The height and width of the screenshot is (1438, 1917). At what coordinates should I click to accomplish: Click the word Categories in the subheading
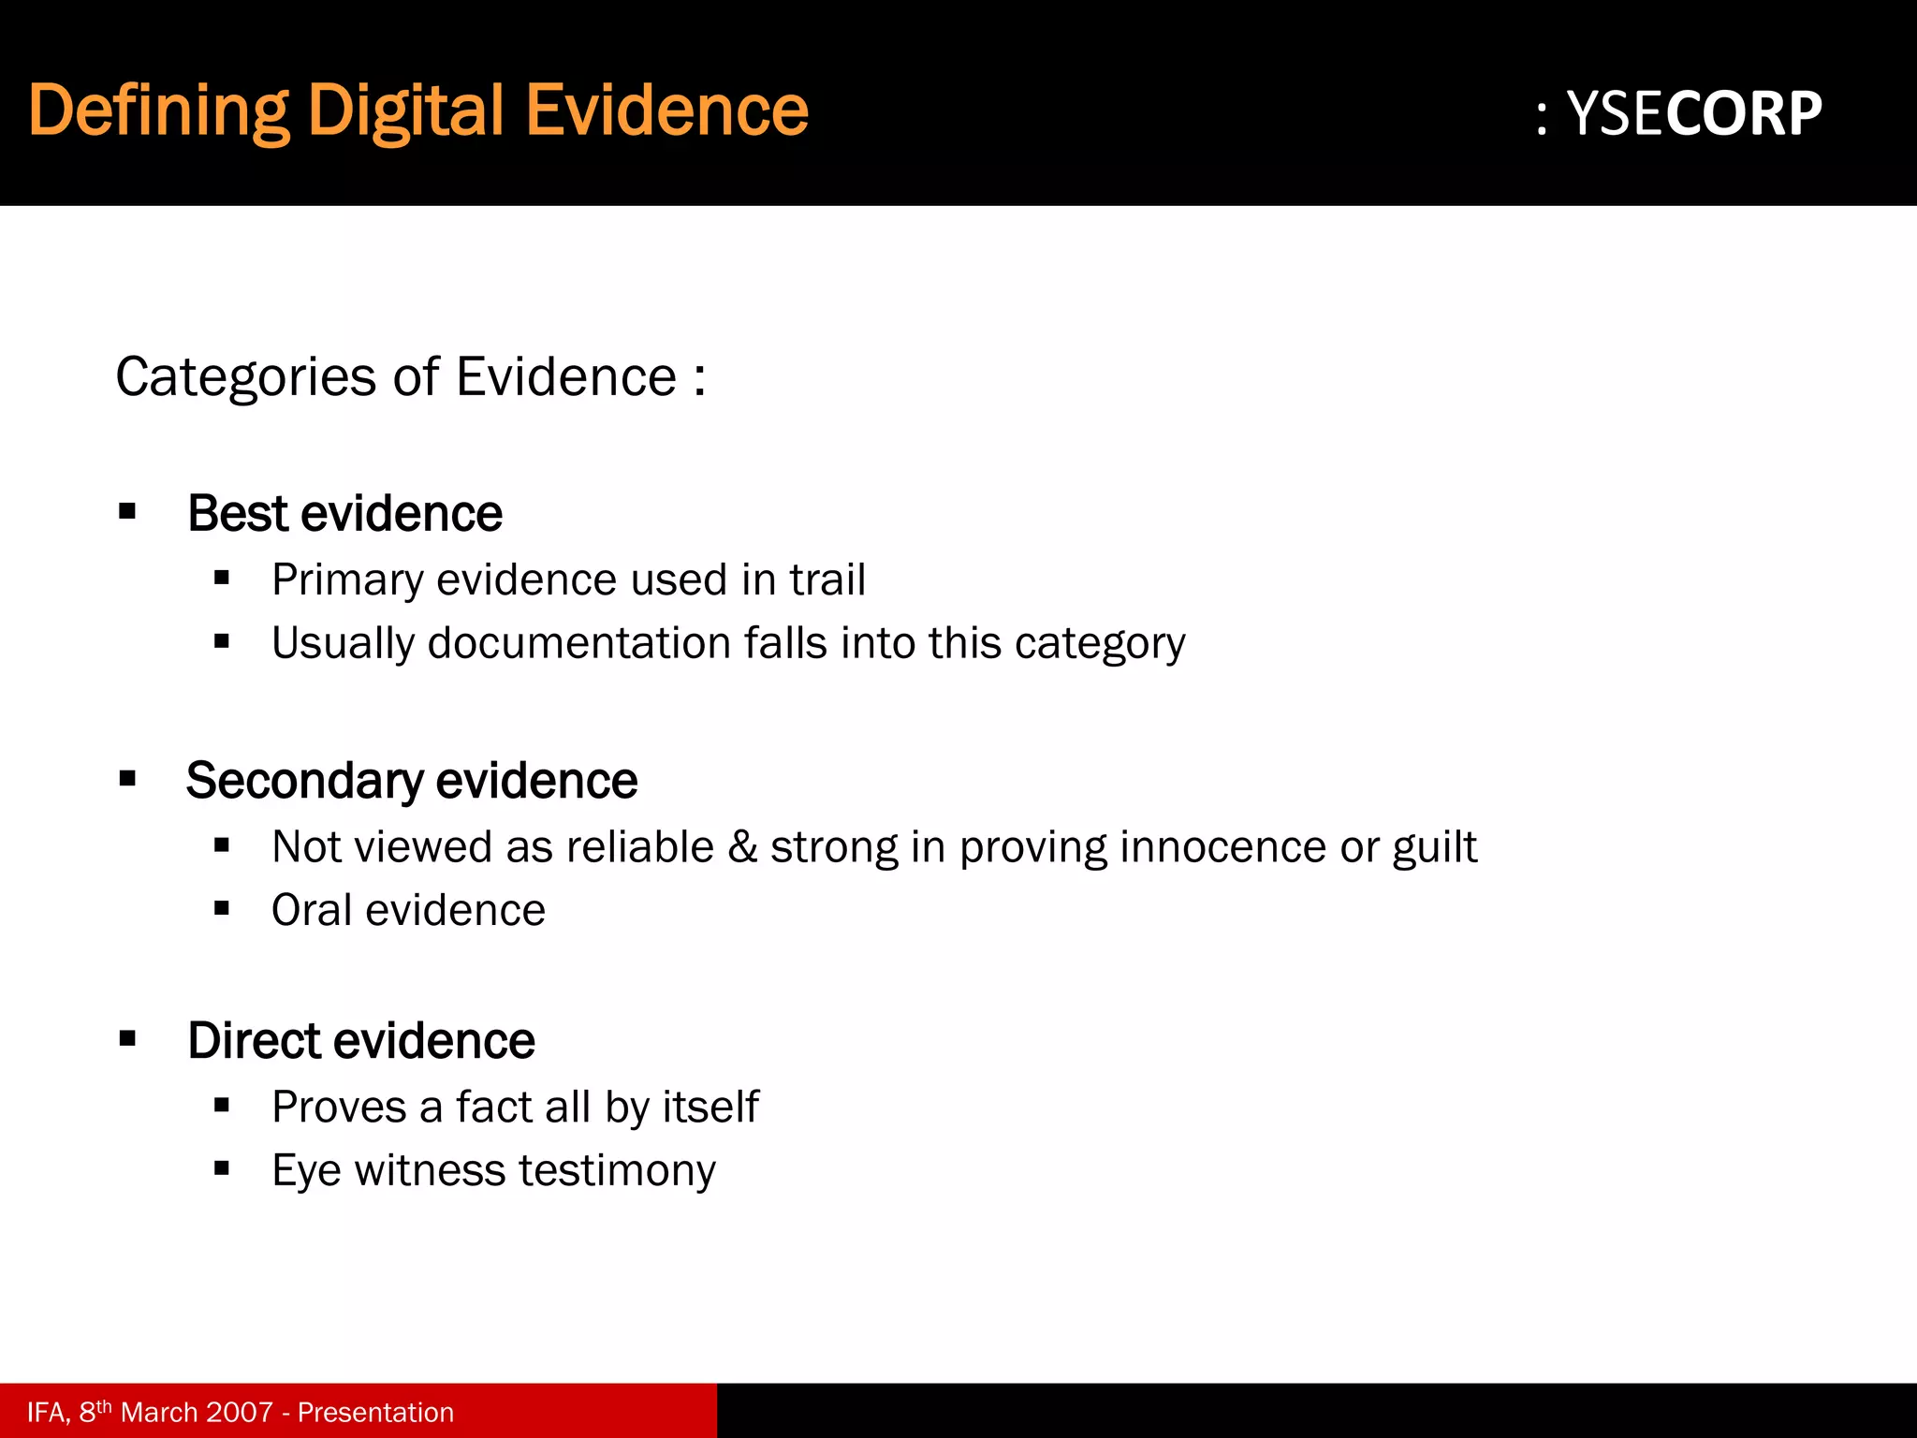tap(245, 377)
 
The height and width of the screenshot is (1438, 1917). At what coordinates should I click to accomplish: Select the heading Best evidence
tap(344, 513)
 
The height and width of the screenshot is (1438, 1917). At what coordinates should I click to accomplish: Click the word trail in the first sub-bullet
tap(827, 580)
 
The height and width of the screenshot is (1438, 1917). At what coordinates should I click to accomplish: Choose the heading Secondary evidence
tap(411, 780)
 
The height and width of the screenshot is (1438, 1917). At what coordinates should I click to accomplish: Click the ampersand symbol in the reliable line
tap(742, 846)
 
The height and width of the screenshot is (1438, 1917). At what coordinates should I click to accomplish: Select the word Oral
tap(312, 910)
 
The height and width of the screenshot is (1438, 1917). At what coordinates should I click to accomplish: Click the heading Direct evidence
tap(360, 1040)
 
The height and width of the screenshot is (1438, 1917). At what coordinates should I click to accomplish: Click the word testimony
tap(617, 1170)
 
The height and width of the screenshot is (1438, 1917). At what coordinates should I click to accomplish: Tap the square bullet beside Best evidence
tap(128, 511)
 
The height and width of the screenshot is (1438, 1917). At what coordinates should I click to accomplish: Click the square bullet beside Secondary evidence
tap(128, 778)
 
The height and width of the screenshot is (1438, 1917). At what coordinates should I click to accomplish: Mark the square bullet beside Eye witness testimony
tap(222, 1167)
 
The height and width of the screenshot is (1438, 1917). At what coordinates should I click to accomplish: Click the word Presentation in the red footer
tap(375, 1412)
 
